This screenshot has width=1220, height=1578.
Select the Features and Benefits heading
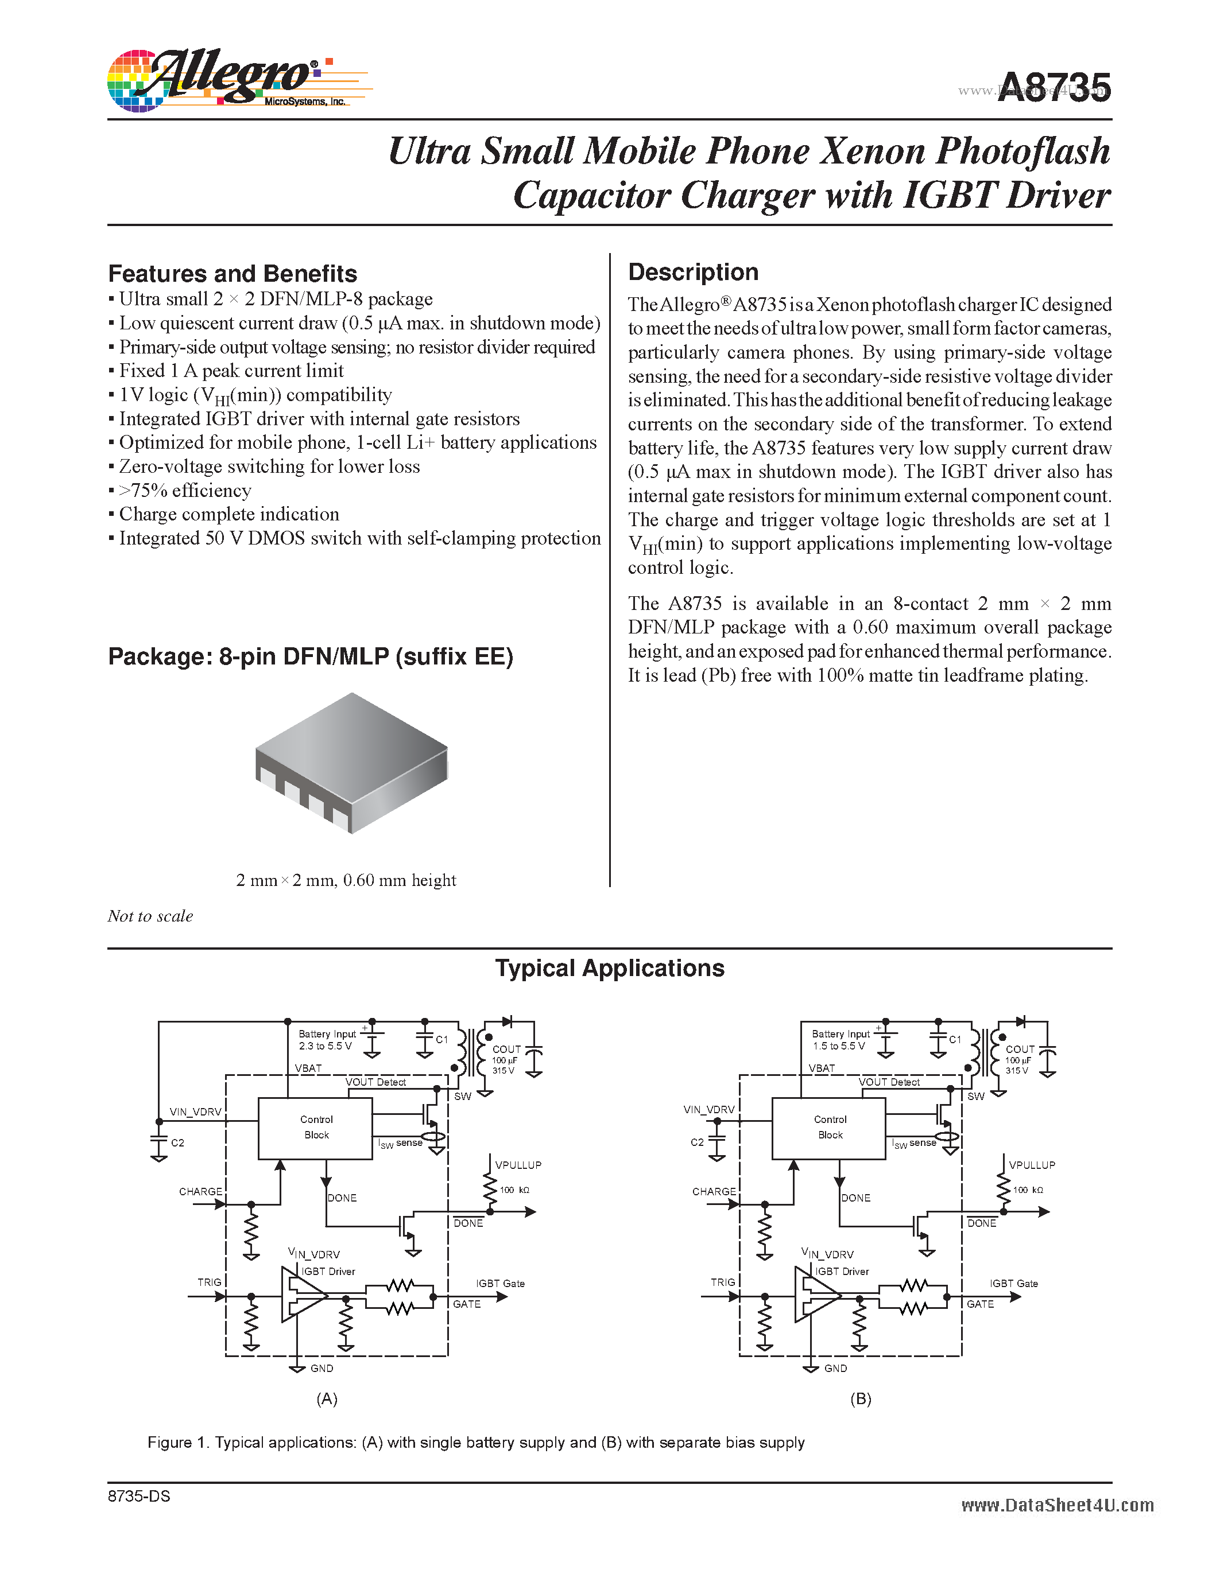coord(232,274)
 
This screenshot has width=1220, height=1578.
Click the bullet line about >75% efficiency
coord(185,491)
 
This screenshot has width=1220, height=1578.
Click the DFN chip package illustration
coord(352,762)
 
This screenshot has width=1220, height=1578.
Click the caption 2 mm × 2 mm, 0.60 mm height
coord(346,880)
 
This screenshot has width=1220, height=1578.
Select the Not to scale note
coord(150,916)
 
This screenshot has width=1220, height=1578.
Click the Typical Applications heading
coord(609,968)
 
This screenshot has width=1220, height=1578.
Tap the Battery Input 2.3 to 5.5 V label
coord(327,1040)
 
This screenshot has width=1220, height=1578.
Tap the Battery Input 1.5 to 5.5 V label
coord(840,1040)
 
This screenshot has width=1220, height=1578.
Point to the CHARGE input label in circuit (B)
coord(714,1191)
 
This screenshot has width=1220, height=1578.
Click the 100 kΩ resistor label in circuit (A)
coord(514,1190)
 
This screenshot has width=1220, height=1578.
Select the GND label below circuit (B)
coord(835,1369)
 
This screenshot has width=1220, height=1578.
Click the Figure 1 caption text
coord(475,1442)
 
